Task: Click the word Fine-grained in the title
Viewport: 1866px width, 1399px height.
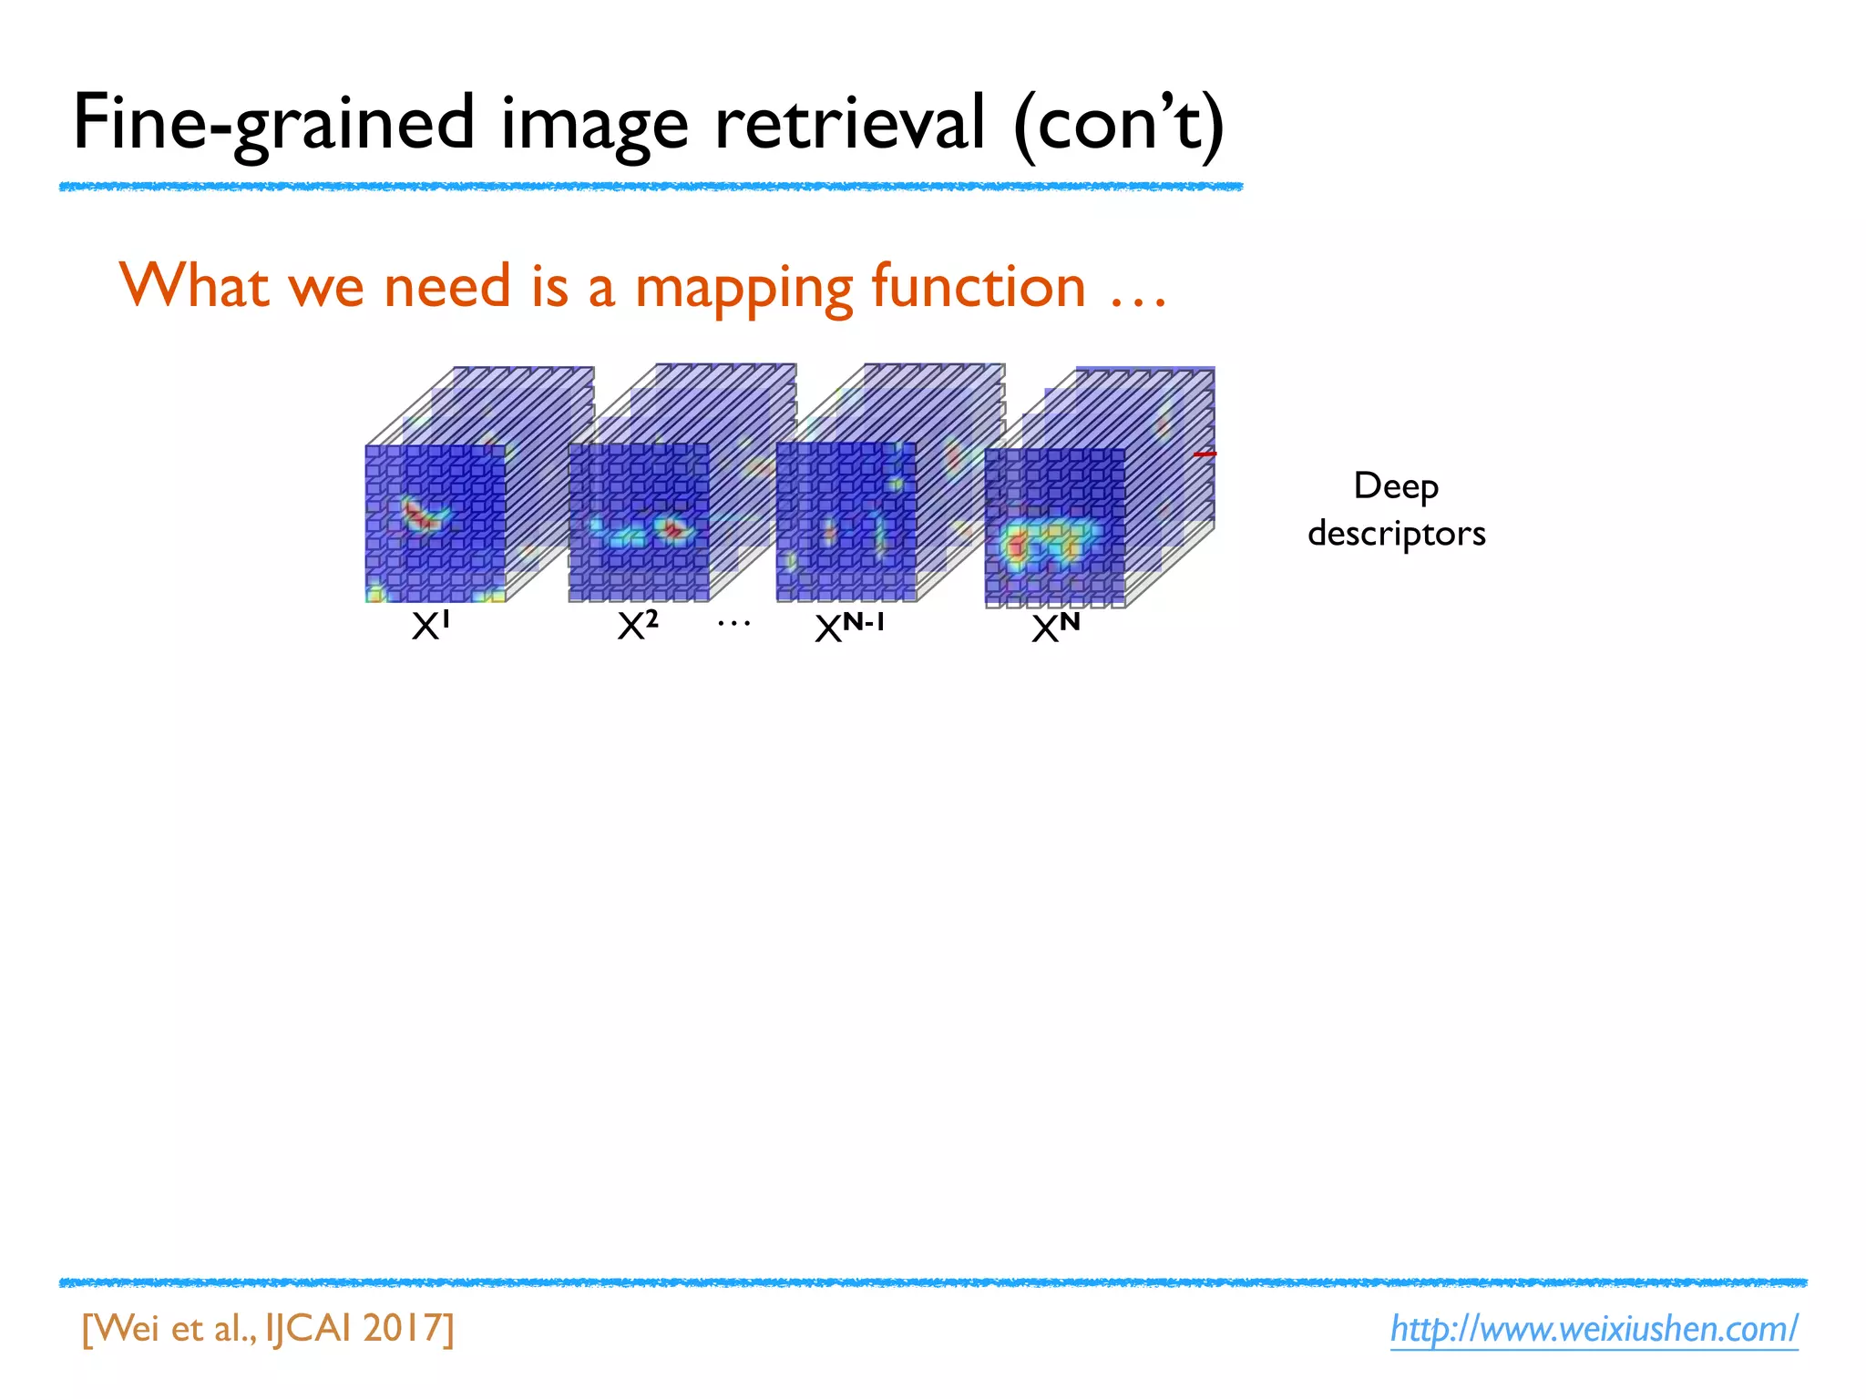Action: tap(273, 123)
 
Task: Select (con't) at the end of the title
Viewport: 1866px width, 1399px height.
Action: tap(1119, 123)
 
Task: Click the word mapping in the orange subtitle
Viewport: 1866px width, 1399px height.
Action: tap(743, 287)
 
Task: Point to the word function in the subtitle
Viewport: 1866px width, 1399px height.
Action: tap(979, 287)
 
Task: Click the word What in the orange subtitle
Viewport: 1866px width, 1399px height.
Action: tap(193, 287)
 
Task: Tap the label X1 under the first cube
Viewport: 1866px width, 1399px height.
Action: tap(431, 626)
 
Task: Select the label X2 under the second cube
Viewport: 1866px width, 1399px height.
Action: tap(637, 626)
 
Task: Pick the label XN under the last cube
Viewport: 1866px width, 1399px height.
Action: tap(1055, 628)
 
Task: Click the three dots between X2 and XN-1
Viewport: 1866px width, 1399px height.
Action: tap(733, 624)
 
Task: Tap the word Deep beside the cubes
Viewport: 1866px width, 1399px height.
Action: tap(1396, 486)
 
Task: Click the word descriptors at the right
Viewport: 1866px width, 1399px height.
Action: tap(1396, 533)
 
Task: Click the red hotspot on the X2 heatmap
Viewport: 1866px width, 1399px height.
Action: tap(674, 528)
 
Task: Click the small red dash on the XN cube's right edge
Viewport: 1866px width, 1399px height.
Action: tap(1205, 454)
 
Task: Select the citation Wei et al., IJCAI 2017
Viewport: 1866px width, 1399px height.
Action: tap(268, 1329)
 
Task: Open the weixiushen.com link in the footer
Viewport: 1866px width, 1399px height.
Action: tap(1594, 1329)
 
